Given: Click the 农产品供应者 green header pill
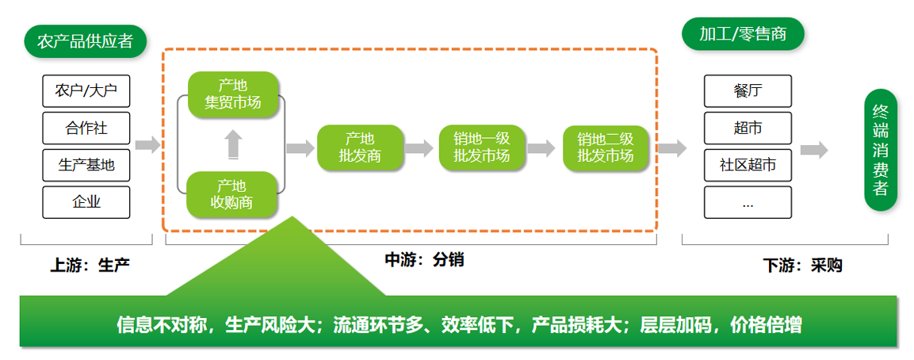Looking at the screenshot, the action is coord(85,41).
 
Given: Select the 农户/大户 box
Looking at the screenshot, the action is coord(86,91).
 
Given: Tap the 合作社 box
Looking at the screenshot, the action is coord(86,128).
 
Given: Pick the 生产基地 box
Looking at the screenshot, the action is coord(86,165).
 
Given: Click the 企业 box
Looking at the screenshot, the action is coord(86,202).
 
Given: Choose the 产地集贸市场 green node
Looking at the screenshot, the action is coord(232,94).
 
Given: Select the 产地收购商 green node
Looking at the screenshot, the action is coord(231,194).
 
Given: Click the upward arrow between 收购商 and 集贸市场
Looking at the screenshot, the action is coord(233,144).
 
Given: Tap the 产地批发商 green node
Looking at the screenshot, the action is coord(360,148).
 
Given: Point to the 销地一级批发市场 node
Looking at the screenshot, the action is coord(482,148).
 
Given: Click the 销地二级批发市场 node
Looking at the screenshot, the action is coord(606,148).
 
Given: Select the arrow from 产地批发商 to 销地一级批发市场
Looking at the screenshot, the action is coord(419,148).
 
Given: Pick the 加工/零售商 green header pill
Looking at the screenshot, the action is coord(743,34).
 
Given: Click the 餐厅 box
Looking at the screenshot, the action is coord(748,91).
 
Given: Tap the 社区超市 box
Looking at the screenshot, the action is coord(748,165).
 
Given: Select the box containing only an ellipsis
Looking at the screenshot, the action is coord(748,202).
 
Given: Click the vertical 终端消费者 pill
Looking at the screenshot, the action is coord(880,150).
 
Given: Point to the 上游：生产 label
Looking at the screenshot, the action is coord(90,266).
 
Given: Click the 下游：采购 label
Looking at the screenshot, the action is coord(803,266).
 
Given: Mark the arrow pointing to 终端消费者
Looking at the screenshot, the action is coord(814,149).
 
